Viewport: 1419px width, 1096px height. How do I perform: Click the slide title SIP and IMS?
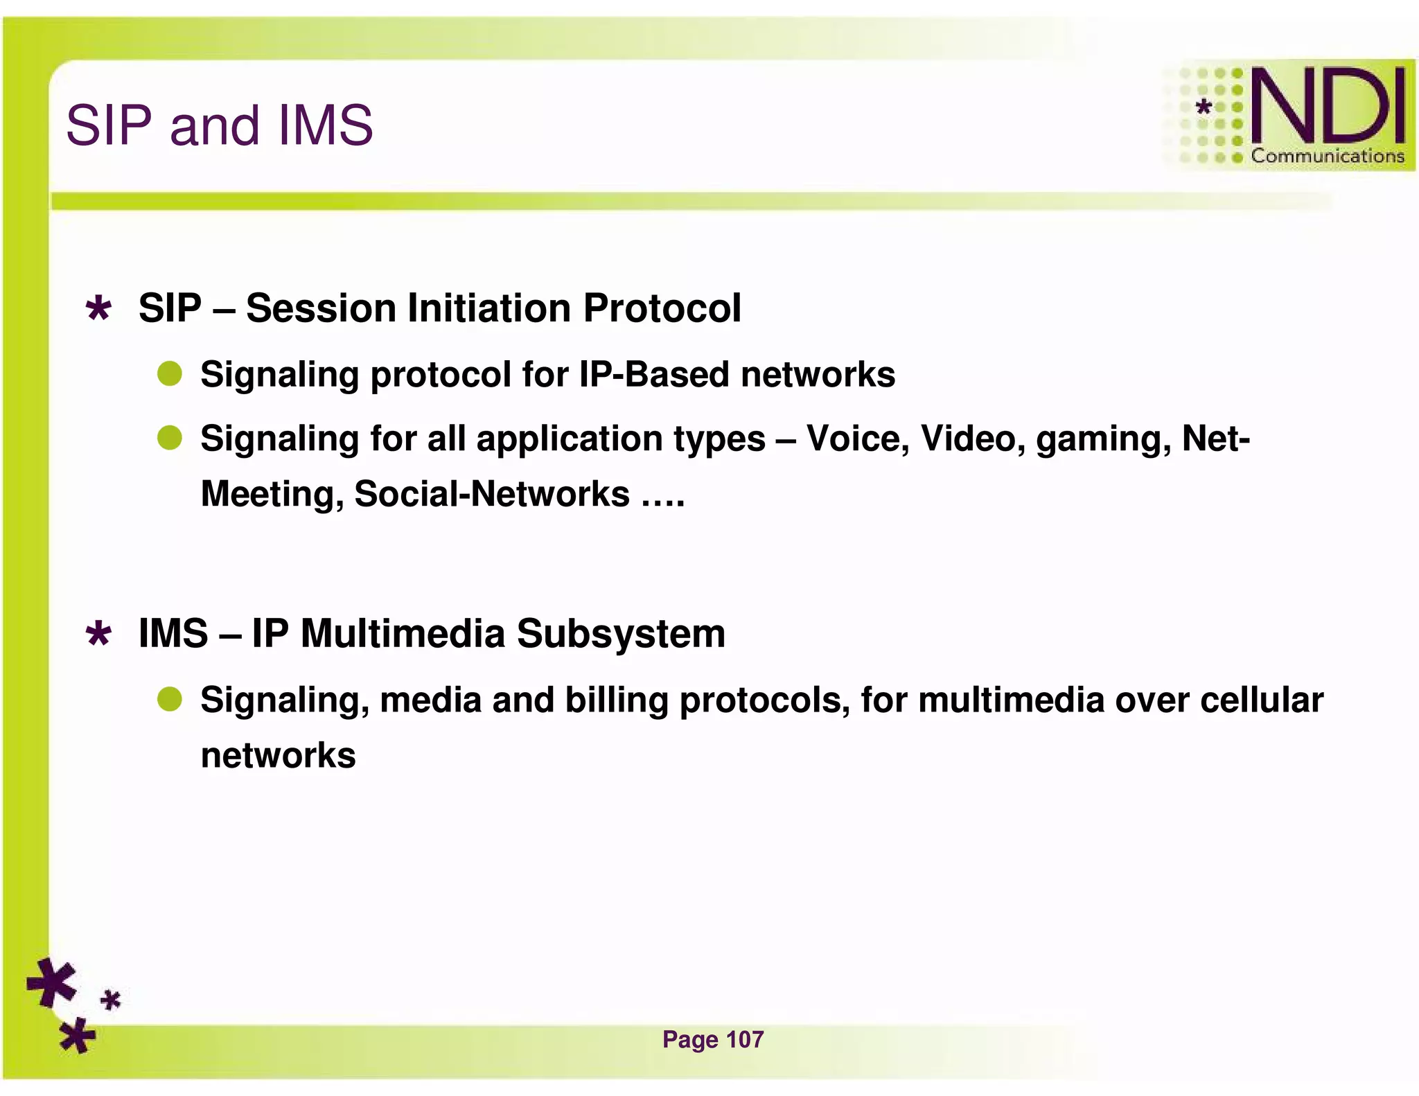tap(219, 125)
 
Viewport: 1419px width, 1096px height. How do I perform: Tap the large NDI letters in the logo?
tap(1328, 105)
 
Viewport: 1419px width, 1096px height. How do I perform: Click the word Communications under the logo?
tap(1327, 156)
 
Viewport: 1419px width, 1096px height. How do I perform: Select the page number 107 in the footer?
tap(744, 1039)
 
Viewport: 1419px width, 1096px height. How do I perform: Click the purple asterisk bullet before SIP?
tap(98, 308)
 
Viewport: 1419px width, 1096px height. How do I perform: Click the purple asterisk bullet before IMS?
tap(98, 633)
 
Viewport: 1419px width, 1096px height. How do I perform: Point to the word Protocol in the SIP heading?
tap(662, 308)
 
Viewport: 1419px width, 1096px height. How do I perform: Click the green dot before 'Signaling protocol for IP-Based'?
tap(169, 374)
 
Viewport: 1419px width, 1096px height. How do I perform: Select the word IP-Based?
tap(654, 374)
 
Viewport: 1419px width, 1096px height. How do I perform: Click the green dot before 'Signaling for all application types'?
tap(169, 438)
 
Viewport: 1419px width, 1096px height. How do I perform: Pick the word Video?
tap(973, 438)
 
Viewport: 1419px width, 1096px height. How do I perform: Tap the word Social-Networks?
tap(491, 493)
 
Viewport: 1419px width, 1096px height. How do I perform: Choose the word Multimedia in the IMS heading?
tap(403, 633)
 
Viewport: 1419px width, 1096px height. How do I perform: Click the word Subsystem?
tap(621, 633)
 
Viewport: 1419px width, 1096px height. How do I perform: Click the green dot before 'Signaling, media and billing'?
tap(169, 699)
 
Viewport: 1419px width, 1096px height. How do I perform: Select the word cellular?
tap(1262, 700)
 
